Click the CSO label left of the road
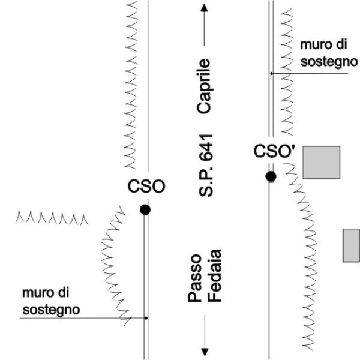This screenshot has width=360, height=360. click(146, 187)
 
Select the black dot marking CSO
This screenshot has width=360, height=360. click(145, 209)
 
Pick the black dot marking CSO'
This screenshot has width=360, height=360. click(271, 176)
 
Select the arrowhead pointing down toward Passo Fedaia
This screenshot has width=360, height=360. click(205, 350)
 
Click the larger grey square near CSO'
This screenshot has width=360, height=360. click(321, 162)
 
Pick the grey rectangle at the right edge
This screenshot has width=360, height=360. click(351, 245)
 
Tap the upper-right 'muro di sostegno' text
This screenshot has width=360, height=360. click(324, 54)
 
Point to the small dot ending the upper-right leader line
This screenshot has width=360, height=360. click(271, 73)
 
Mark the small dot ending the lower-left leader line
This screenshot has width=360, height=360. click(146, 317)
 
